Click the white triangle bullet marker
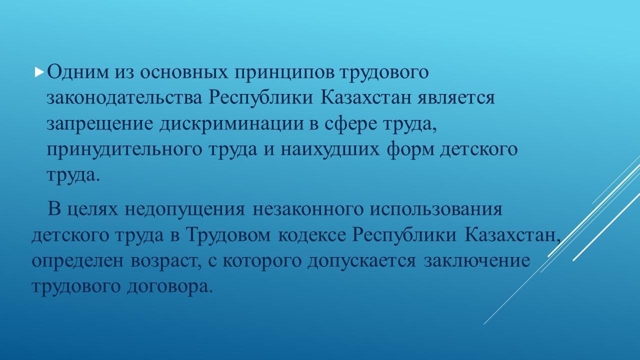39,72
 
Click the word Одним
77,72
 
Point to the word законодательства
124,98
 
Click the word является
456,98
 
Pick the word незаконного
308,209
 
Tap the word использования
436,209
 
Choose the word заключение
476,261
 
